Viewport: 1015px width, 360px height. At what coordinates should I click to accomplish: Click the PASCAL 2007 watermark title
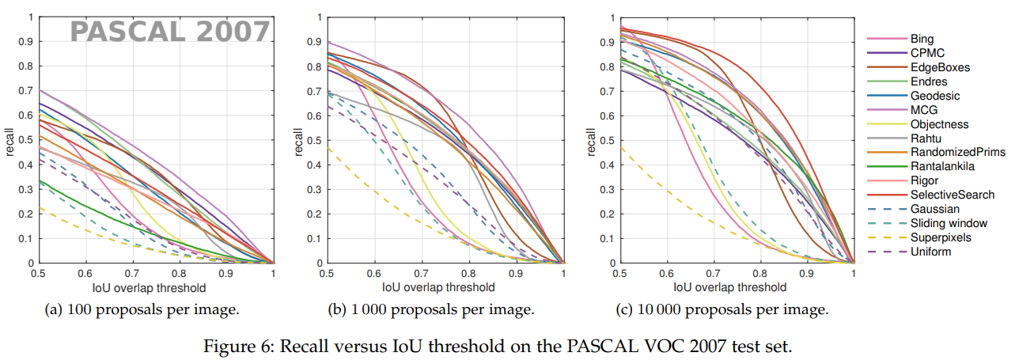170,32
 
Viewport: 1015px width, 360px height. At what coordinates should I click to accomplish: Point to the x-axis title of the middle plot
438,286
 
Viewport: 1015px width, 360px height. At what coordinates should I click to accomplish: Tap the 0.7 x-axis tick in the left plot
132,273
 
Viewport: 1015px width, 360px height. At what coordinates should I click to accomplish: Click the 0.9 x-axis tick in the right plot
807,273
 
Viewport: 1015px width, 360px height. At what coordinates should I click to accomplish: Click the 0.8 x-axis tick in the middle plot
469,273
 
